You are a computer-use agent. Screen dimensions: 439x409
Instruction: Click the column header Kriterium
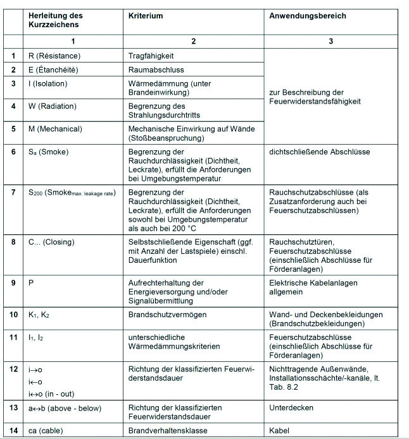[145, 15]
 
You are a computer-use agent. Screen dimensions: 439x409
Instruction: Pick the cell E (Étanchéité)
[56, 69]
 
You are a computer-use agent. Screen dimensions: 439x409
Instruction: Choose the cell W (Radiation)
[56, 106]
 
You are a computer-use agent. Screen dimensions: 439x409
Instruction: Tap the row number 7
[13, 191]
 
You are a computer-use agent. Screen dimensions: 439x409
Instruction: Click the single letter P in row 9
[31, 283]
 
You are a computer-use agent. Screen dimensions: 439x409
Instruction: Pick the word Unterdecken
[291, 408]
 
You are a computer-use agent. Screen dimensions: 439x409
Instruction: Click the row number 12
[13, 369]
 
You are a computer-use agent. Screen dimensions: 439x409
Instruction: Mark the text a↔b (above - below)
[65, 408]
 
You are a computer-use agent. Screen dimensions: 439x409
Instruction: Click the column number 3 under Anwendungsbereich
[330, 42]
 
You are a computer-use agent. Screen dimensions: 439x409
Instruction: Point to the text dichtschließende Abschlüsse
[319, 152]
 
